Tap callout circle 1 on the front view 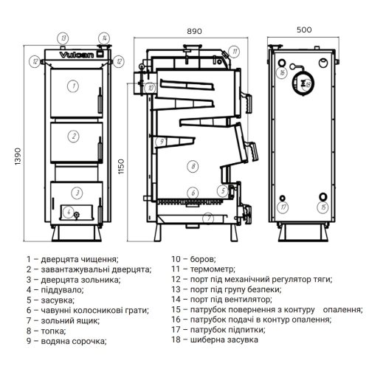coord(73,86)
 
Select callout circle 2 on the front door coord(73,135)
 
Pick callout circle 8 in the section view coord(190,166)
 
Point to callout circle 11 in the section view coord(234,52)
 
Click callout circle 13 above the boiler coord(63,37)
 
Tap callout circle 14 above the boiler coord(104,37)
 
